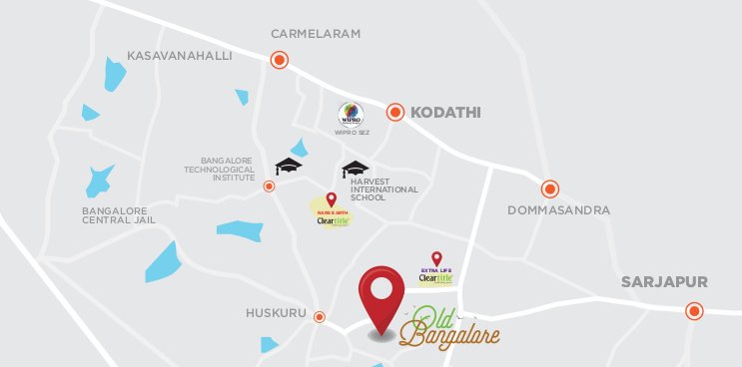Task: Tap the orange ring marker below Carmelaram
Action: (x=280, y=60)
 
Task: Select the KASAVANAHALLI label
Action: (x=180, y=56)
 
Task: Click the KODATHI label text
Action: (x=445, y=114)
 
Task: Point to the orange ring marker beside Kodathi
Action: (x=396, y=113)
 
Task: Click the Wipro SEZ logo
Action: (x=351, y=114)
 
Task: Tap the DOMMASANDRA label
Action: (x=558, y=210)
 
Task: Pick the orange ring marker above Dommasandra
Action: (x=550, y=188)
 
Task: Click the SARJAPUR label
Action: (x=664, y=282)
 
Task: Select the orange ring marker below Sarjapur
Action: (x=694, y=311)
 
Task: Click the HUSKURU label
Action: (x=276, y=313)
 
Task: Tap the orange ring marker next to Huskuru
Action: (x=320, y=317)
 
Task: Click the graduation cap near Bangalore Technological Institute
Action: (x=289, y=166)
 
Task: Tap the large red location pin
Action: (x=381, y=300)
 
